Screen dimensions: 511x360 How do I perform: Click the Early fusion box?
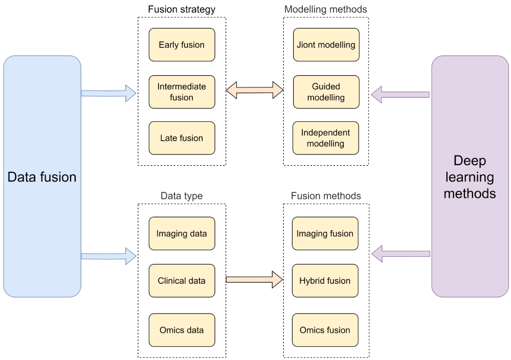(x=182, y=44)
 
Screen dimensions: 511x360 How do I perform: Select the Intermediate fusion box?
(x=182, y=92)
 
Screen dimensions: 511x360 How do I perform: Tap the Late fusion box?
(x=182, y=138)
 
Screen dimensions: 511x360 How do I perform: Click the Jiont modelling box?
(x=326, y=44)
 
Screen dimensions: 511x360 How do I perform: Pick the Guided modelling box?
(x=326, y=92)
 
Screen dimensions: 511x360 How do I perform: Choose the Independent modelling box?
(x=326, y=138)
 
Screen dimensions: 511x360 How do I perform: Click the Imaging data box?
(x=182, y=234)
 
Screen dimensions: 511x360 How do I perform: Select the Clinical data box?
(x=182, y=281)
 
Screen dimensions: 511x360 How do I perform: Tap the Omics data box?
(x=182, y=330)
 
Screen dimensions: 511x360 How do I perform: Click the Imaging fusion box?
(x=325, y=234)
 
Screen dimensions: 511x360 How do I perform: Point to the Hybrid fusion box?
(x=325, y=281)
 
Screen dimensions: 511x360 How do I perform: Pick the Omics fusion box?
(x=325, y=330)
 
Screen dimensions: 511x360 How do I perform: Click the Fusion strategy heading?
(x=182, y=9)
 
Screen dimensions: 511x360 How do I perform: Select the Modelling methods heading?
(x=326, y=9)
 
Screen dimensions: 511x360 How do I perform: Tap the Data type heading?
(x=182, y=196)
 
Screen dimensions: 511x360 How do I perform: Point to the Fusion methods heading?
(x=326, y=196)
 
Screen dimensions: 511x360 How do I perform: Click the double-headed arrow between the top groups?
(x=255, y=90)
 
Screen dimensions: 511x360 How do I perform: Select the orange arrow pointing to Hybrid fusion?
(x=255, y=280)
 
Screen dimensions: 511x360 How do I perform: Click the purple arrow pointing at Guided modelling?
(x=400, y=95)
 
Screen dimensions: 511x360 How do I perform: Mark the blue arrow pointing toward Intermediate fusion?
(x=108, y=94)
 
